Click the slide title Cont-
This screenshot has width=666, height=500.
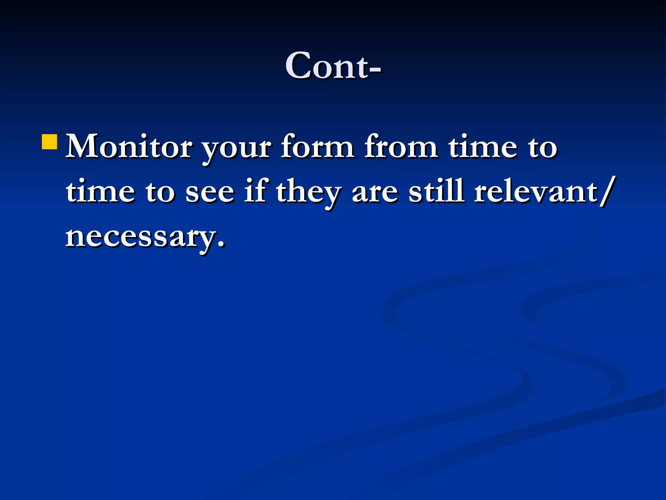(333, 66)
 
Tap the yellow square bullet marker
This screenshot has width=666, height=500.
(50, 141)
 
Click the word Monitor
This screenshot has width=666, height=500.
(129, 146)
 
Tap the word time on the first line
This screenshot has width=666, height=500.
(483, 146)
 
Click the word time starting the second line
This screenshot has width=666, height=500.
(100, 191)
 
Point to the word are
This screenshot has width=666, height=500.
(375, 193)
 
